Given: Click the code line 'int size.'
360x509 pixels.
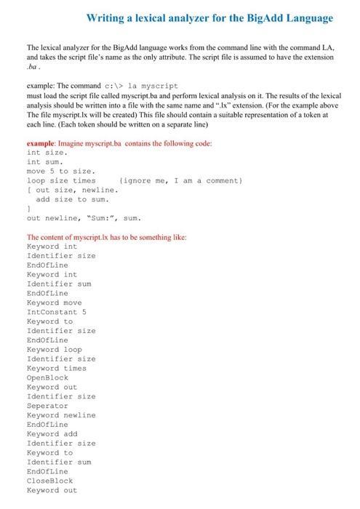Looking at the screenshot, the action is [x=47, y=153].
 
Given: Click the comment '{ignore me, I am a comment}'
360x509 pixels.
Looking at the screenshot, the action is [x=181, y=180].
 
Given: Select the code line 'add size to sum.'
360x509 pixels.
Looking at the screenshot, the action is [x=73, y=199].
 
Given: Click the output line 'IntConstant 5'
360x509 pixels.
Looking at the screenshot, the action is [x=56, y=312].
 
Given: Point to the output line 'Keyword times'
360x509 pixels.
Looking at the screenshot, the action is [x=56, y=368].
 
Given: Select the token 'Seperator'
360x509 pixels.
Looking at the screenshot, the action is [x=47, y=406].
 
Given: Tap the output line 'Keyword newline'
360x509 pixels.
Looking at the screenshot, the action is [x=60, y=415].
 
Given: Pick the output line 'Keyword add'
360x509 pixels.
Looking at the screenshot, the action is [x=52, y=434].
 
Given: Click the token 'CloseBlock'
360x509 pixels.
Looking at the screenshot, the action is [x=49, y=481].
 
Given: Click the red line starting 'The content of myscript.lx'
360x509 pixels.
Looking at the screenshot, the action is [x=106, y=237].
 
